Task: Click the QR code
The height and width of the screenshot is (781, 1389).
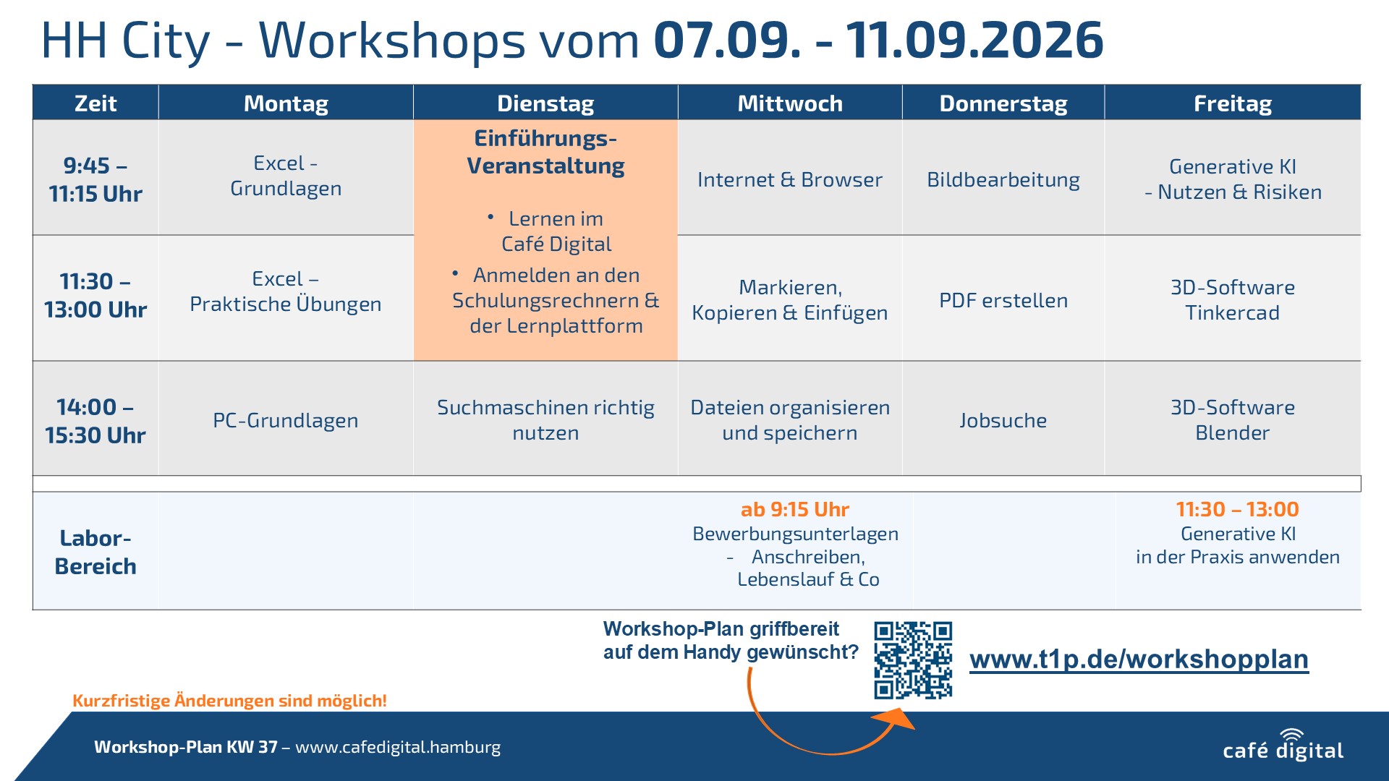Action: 913,660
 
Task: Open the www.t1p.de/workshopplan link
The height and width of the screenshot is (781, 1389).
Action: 1139,660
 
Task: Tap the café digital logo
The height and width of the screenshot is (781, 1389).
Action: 1283,746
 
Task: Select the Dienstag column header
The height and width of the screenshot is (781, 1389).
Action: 545,103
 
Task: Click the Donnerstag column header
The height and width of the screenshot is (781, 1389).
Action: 1003,103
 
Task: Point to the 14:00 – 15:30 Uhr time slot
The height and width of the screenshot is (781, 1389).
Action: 95,421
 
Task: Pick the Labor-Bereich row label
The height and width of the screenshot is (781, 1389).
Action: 95,552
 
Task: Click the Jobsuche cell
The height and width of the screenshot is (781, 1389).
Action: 1003,420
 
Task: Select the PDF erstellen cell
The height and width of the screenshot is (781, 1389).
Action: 1003,300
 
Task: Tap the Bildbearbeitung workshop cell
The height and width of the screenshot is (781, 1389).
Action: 1003,179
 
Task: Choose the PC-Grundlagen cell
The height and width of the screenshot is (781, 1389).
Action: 286,420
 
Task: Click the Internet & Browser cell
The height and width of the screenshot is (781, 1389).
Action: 790,179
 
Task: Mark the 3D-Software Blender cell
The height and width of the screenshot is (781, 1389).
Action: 1233,420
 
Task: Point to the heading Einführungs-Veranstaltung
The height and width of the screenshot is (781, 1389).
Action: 545,152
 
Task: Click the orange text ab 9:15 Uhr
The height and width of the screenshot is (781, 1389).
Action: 795,509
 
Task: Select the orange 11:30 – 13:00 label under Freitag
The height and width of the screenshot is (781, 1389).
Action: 1238,509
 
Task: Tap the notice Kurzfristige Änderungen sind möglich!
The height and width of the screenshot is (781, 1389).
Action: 229,700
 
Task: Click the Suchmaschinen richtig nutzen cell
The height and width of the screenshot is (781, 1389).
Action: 545,420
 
